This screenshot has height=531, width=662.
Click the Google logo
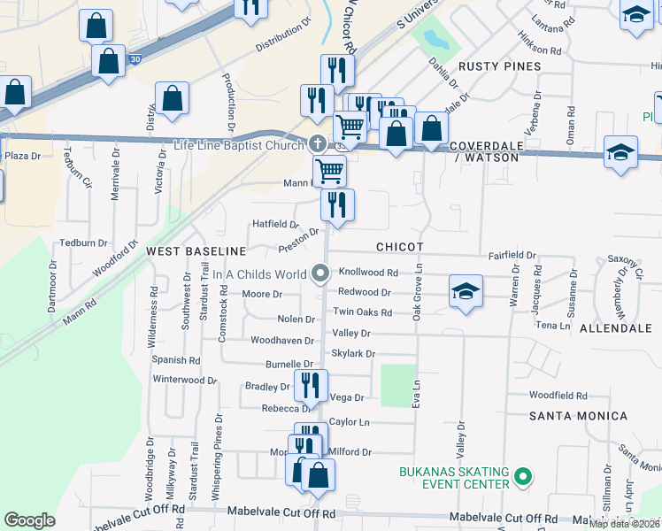tap(29, 520)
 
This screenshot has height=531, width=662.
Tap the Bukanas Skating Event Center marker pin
tap(523, 478)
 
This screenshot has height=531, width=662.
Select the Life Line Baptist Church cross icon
tap(319, 144)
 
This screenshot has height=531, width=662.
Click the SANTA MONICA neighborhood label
tap(578, 415)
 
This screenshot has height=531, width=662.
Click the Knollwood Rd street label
tap(369, 273)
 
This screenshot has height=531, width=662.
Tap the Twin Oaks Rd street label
tap(362, 312)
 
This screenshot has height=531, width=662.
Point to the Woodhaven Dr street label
tap(282, 340)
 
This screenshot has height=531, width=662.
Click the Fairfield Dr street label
tap(512, 255)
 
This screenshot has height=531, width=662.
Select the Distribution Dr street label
tap(286, 41)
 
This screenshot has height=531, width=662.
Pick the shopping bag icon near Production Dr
tap(172, 99)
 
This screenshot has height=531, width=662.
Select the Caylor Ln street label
tap(349, 423)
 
